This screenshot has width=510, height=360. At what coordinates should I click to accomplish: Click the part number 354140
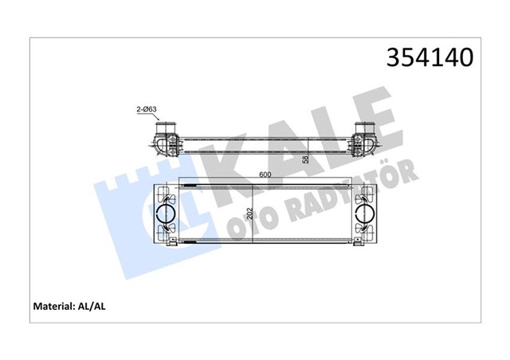pos(430,57)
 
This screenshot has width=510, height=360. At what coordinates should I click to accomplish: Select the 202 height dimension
pos(246,213)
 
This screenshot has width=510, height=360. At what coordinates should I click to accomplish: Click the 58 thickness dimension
pos(305,158)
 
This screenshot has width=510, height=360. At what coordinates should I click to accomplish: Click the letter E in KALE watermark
pos(375,119)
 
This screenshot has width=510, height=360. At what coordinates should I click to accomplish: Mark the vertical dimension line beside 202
pos(253,213)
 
